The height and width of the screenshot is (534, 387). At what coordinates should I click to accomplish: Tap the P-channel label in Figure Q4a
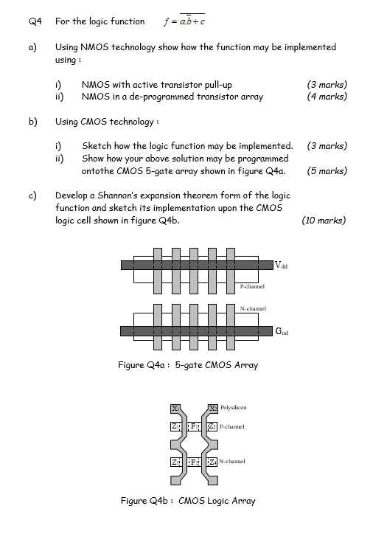(252, 286)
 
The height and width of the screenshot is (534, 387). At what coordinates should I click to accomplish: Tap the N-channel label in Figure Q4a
(253, 310)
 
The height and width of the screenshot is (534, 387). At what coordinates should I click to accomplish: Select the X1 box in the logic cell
(175, 408)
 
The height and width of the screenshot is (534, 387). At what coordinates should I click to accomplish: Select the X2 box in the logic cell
(213, 408)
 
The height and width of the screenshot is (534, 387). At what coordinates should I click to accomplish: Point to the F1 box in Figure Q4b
(194, 426)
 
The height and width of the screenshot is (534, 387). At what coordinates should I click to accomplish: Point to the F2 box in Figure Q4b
(194, 462)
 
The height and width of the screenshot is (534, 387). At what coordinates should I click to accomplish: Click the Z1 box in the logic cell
(175, 426)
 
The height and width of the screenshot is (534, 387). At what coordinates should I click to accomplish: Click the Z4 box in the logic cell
(213, 462)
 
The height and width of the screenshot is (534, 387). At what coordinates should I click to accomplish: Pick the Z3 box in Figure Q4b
(175, 462)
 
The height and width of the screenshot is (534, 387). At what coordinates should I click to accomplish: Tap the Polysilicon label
(233, 407)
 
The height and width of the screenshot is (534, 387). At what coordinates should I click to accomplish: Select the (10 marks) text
(324, 220)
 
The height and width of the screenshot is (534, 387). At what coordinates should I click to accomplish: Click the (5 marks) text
(327, 170)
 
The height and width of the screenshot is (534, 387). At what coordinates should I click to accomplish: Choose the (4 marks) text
(327, 97)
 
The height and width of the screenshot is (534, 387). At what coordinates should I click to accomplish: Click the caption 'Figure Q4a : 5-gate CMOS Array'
(188, 365)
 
